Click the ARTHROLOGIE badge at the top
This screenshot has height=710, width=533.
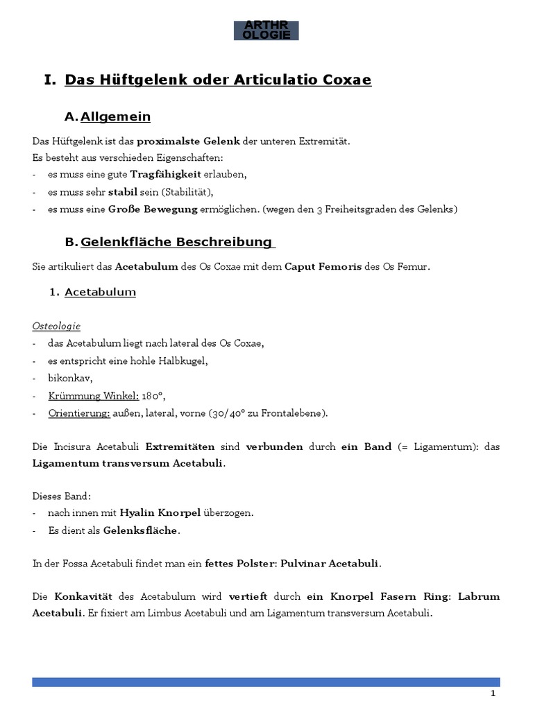click(x=266, y=30)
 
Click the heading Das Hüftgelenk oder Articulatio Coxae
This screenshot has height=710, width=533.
click(x=218, y=80)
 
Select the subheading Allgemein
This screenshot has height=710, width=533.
click(x=115, y=116)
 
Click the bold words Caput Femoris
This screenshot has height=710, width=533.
click(x=323, y=266)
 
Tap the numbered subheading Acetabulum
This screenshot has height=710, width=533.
click(x=100, y=292)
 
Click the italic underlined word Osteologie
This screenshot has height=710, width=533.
click(x=56, y=325)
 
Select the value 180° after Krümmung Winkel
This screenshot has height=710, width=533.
click(x=153, y=397)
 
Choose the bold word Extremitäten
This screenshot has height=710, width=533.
click(x=180, y=447)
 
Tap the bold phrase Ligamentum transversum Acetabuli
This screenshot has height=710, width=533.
click(x=128, y=463)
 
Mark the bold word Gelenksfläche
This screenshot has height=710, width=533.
click(x=141, y=530)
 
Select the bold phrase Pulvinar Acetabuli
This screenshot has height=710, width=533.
click(x=329, y=564)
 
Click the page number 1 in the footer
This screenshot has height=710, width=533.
click(x=493, y=694)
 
